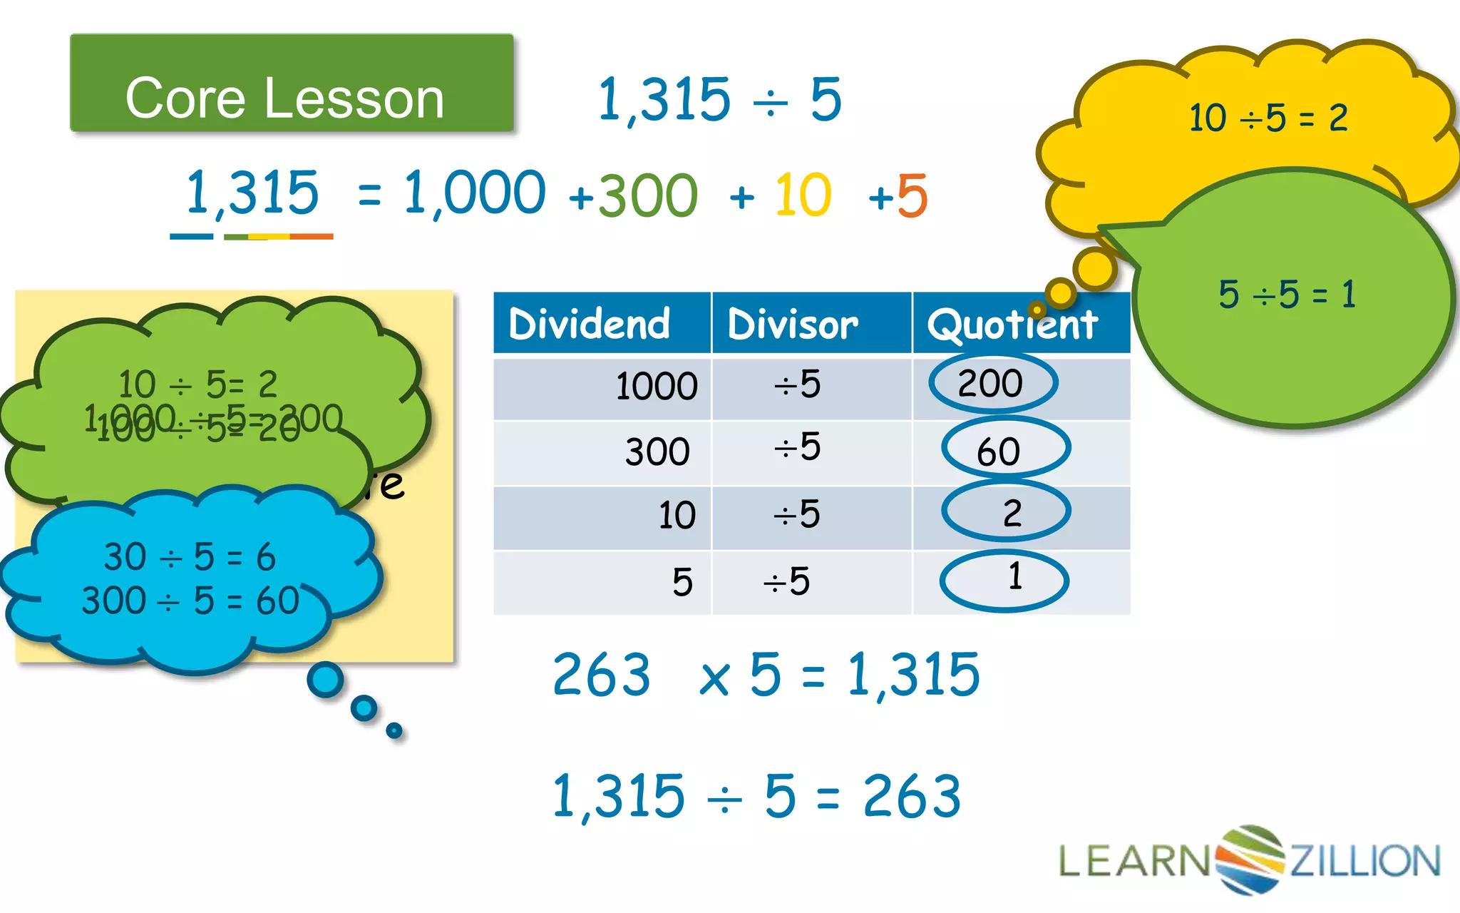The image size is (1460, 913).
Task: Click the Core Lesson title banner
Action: [x=291, y=83]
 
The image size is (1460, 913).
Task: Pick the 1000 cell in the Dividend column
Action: [x=656, y=386]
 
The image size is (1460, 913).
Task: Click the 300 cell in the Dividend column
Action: [x=657, y=452]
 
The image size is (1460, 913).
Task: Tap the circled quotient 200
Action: [x=992, y=384]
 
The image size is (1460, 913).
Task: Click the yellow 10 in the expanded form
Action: [x=803, y=195]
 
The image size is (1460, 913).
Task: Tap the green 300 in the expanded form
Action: [x=647, y=195]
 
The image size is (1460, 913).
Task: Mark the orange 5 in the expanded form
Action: [x=912, y=195]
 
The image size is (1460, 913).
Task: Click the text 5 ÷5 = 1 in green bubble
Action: [x=1287, y=294]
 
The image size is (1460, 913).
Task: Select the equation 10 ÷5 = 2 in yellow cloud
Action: [x=1268, y=118]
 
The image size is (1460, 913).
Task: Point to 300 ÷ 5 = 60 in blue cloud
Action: [x=190, y=600]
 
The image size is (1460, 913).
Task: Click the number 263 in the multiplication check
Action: [x=601, y=675]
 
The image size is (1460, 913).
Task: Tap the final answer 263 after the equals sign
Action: [x=912, y=797]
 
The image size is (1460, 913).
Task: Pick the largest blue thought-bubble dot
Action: [x=326, y=680]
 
